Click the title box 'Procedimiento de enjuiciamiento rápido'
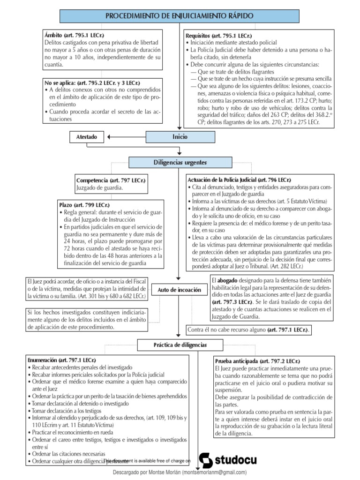[180, 16]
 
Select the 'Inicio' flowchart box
[180, 137]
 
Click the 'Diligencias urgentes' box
[180, 162]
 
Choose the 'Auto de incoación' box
[180, 290]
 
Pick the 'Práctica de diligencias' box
[180, 345]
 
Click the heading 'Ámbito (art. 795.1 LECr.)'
[74, 35]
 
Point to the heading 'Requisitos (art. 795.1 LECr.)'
[219, 35]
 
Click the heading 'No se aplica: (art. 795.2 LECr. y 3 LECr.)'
[92, 82]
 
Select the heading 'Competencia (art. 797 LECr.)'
[111, 180]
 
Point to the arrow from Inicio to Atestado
[127, 137]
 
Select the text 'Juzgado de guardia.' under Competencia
[99, 188]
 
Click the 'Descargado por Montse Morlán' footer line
[180, 472]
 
